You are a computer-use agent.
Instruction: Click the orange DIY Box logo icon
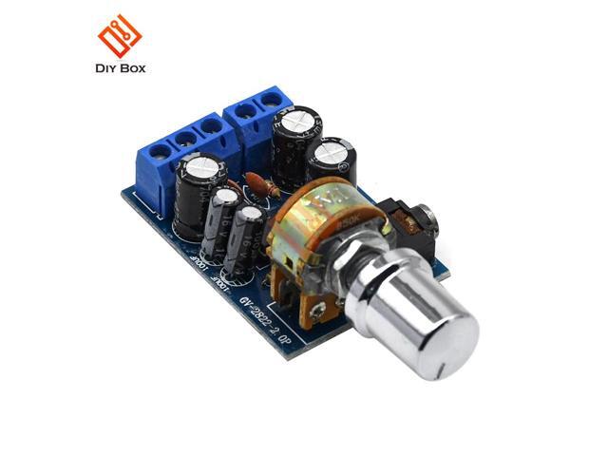click(121, 35)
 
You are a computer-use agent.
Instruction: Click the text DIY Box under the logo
click(121, 68)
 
